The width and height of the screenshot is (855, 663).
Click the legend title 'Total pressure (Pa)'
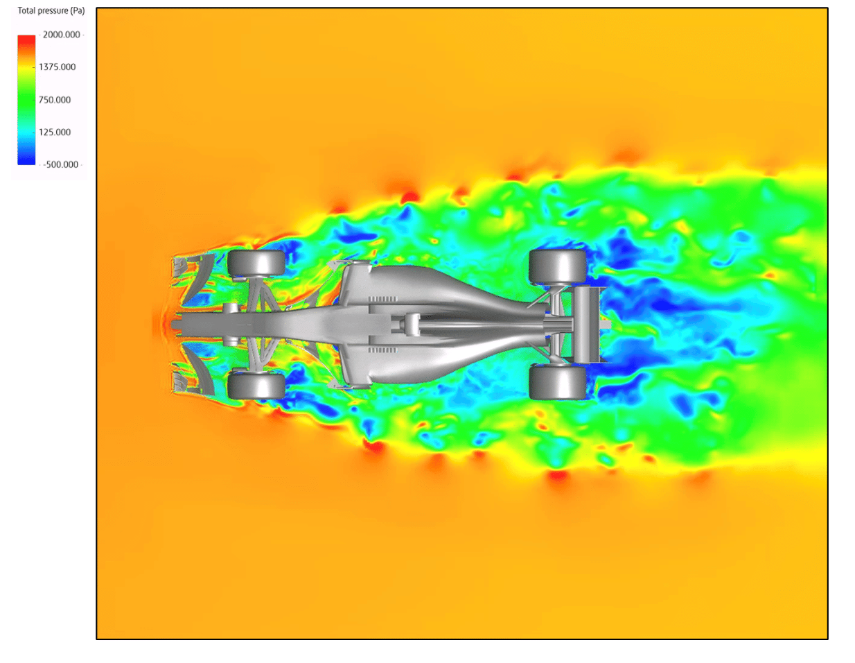click(x=51, y=11)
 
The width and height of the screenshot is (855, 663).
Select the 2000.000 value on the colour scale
click(x=62, y=35)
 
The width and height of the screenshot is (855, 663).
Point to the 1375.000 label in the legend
click(x=58, y=67)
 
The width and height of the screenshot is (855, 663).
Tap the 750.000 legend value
click(x=55, y=100)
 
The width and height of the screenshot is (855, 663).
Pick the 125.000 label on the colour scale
click(x=55, y=132)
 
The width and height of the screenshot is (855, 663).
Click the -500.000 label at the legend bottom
click(x=61, y=165)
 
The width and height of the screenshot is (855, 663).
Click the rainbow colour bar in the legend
click(x=26, y=100)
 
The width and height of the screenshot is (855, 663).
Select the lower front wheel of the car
click(x=256, y=386)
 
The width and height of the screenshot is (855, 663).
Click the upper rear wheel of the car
click(x=557, y=267)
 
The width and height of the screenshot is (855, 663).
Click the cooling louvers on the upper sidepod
click(x=382, y=300)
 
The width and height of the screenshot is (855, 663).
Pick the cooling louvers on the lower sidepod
click(x=382, y=350)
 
